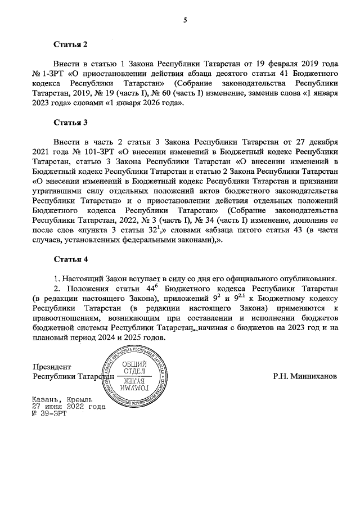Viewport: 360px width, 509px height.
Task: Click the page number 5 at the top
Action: click(x=184, y=21)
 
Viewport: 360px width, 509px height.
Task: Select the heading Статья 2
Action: click(x=71, y=43)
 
